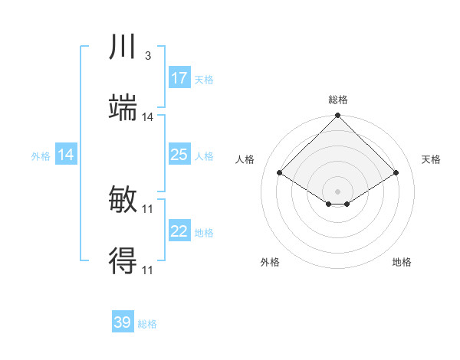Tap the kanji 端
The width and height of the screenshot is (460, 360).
123,109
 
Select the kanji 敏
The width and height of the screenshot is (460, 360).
123,201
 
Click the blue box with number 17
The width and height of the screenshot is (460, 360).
179,78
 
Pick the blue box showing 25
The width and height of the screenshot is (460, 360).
179,155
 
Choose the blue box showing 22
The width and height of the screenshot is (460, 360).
179,231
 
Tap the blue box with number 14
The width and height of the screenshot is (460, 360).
66,155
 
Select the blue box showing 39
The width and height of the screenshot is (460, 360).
123,322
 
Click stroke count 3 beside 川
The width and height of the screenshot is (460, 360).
147,56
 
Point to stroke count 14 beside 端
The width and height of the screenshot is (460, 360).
148,117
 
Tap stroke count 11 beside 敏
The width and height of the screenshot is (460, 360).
148,209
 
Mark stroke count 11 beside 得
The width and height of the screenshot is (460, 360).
148,270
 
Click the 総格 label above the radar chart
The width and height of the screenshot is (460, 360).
338,100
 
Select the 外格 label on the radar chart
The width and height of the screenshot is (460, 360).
270,262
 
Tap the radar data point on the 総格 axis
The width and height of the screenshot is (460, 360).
338,116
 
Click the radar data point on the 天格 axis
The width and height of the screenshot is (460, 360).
396,173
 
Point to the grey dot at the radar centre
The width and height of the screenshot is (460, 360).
338,191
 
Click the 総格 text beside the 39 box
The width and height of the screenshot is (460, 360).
147,324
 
